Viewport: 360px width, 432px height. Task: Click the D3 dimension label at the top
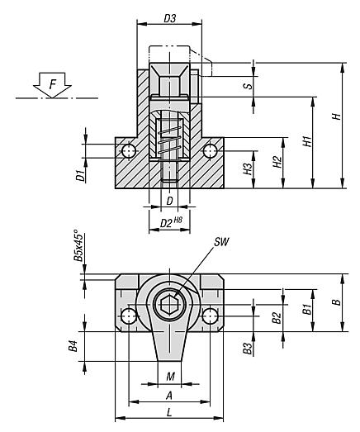coord(169,17)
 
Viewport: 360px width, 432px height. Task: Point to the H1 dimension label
coord(307,142)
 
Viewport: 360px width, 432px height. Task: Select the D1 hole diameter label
coord(80,174)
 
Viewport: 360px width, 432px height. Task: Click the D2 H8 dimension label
coord(170,221)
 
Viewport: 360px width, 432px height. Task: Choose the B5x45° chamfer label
coord(78,245)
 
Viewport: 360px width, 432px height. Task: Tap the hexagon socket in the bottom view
coord(169,305)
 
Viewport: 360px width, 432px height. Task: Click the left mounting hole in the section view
coord(128,151)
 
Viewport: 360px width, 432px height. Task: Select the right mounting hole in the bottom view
coord(210,316)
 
